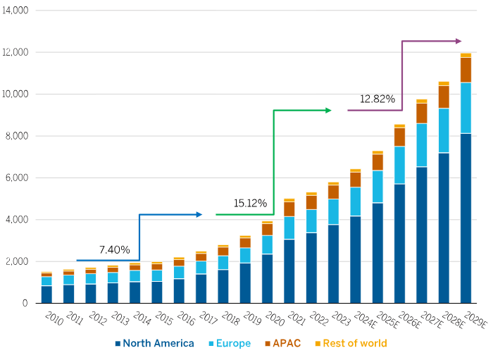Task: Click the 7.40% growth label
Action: [x=114, y=249]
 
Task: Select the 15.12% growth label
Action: [x=250, y=204]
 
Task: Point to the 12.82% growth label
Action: [x=377, y=99]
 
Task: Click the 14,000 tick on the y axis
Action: [x=15, y=11]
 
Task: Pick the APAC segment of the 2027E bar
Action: [x=421, y=113]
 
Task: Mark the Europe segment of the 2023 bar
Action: [x=333, y=211]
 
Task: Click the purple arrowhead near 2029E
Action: [x=458, y=41]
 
